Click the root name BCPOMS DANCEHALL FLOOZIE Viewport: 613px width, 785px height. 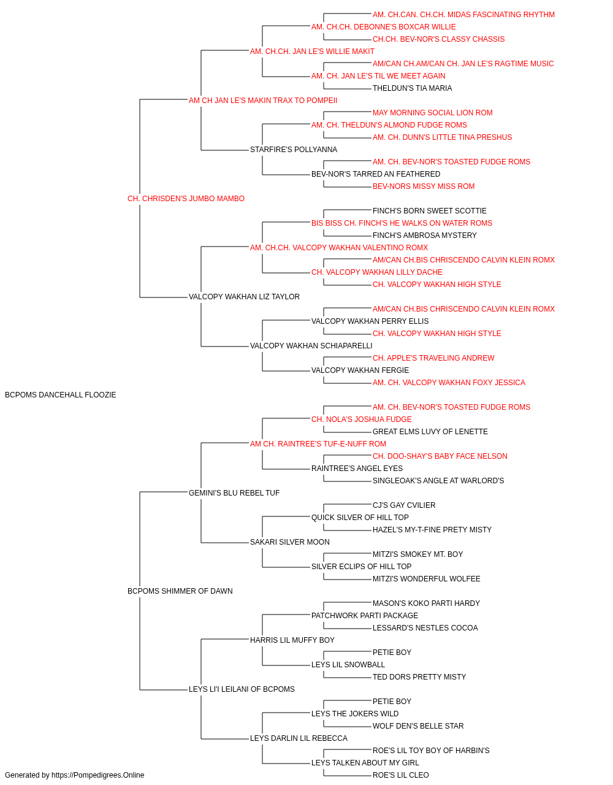[x=60, y=395]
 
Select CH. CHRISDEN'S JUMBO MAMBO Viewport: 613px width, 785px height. [x=186, y=199]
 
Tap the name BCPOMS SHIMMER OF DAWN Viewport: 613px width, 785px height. [x=180, y=591]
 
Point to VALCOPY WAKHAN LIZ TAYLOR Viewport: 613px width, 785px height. [x=244, y=297]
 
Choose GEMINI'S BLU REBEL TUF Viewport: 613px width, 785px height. [x=234, y=492]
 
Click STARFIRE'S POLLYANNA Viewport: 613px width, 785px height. [x=294, y=150]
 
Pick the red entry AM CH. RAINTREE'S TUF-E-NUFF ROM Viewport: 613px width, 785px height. [x=318, y=444]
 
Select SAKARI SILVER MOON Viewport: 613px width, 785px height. [x=289, y=542]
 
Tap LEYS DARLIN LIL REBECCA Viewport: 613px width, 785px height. [x=299, y=738]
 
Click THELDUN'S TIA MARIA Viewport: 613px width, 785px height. [x=412, y=88]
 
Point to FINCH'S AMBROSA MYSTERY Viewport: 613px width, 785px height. [x=425, y=235]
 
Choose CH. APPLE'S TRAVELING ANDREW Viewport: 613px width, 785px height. [x=433, y=358]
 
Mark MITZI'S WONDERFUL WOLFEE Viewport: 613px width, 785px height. [x=427, y=579]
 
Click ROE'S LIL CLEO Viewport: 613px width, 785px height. [x=401, y=775]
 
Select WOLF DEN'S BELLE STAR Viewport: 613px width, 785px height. [x=418, y=726]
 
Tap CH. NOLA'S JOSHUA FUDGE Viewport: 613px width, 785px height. [x=362, y=419]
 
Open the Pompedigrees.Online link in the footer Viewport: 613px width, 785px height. [x=97, y=775]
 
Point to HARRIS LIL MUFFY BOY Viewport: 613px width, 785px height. [x=292, y=640]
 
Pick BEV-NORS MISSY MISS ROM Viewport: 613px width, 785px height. [x=424, y=186]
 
